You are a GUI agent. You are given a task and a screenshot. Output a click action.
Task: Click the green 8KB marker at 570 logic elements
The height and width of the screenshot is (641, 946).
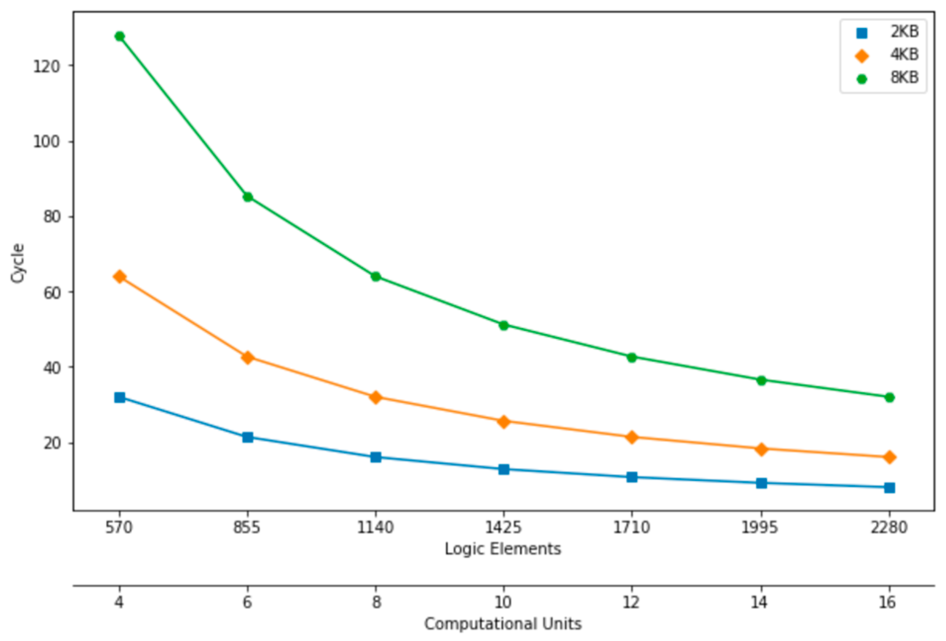coord(120,36)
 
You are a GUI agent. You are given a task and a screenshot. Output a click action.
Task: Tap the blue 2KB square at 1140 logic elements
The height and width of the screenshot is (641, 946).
coord(376,457)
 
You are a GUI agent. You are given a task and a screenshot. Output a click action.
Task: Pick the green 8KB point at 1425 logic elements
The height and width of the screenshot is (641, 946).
coord(504,325)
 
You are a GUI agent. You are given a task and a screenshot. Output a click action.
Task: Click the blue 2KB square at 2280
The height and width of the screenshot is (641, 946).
coord(890,487)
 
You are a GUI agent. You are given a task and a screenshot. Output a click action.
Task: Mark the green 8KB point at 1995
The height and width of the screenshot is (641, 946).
coord(761,380)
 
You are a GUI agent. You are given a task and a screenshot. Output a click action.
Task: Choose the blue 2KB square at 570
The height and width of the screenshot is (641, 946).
coord(120,397)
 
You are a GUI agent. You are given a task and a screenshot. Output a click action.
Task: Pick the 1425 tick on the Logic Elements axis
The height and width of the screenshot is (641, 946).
coord(504,528)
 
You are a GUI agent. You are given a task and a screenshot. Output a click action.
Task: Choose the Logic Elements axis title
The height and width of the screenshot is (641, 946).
coord(503,549)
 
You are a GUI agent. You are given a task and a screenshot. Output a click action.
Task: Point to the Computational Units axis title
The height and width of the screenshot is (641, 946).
coord(503,624)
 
